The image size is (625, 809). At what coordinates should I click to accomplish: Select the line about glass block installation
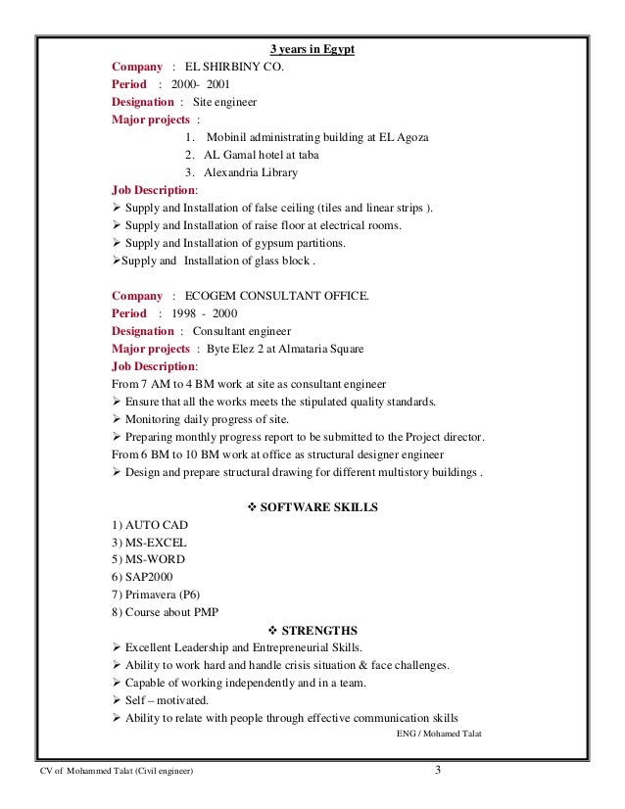213,261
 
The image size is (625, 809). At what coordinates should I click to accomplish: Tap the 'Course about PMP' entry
166,613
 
